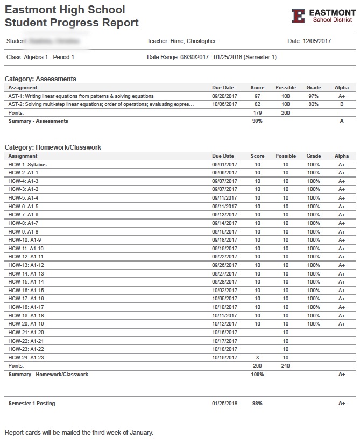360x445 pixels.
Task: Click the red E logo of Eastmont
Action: click(299, 16)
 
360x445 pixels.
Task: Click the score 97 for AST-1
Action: click(257, 96)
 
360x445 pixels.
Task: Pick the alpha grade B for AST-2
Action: click(341, 104)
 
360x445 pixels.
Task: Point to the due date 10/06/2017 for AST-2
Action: click(224, 104)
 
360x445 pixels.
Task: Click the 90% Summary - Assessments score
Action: click(257, 121)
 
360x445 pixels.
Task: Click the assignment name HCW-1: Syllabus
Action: click(27, 165)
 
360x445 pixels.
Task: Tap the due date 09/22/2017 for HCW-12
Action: click(224, 257)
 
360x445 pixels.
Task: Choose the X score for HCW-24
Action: click(257, 358)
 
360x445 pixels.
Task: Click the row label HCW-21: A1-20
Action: click(26, 333)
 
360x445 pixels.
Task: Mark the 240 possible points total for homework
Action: click(286, 366)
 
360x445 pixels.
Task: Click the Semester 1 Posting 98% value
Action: click(257, 404)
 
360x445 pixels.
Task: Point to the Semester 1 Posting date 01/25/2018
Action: click(224, 404)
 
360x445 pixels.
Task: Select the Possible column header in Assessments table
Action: click(286, 88)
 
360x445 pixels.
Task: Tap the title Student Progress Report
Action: click(72, 23)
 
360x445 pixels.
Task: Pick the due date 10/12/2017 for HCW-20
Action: click(224, 324)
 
